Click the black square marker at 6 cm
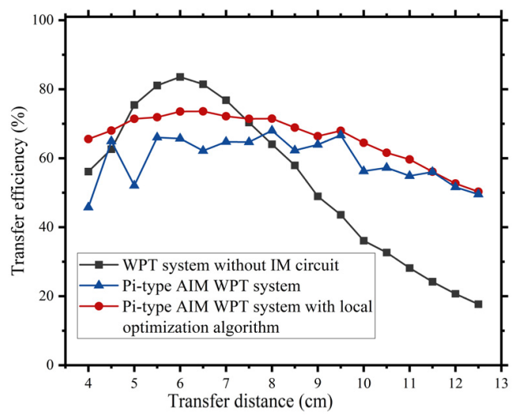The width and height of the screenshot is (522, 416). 180,77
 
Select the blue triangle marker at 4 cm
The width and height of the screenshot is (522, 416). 88,207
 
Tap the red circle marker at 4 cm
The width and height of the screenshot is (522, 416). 88,139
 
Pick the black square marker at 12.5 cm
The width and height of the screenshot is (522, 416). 478,304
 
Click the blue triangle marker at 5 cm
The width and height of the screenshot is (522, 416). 134,185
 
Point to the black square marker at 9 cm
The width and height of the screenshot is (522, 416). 318,196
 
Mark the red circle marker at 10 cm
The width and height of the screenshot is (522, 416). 364,143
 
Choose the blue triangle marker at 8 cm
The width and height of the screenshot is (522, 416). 272,130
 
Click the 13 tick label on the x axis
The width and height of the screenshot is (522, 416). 501,382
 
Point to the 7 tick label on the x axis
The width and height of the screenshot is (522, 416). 226,382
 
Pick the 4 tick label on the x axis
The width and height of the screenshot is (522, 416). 88,382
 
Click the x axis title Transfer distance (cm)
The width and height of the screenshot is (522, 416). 272,402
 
